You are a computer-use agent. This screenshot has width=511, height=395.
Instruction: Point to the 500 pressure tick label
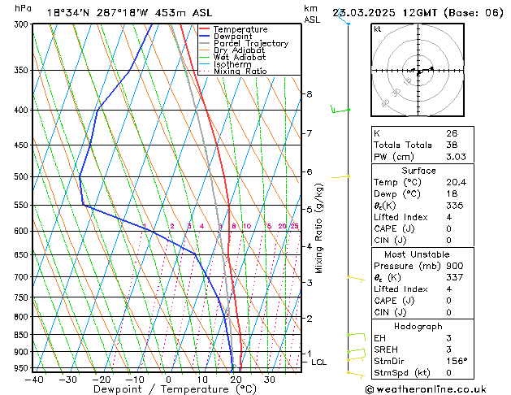coord(22,176)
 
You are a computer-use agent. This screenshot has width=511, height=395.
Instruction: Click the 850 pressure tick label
coord(22,335)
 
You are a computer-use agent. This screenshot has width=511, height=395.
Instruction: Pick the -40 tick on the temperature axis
coord(34,379)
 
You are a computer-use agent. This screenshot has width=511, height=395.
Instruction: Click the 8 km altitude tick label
coord(310,94)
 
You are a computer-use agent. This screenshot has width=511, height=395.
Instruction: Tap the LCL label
coord(318,362)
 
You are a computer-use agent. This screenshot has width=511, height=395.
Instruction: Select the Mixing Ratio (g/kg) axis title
coord(319,228)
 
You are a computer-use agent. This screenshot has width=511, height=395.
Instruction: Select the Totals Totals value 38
coord(452,145)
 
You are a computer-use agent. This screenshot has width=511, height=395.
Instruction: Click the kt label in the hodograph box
coord(377,29)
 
